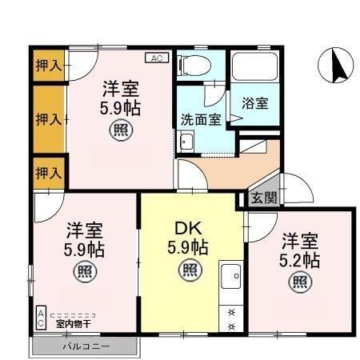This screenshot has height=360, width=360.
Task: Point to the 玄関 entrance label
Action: point(263,198)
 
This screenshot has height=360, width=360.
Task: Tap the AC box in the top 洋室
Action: point(156,58)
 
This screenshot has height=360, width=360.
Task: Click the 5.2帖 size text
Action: point(300,259)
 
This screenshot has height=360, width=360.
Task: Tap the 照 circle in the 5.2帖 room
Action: point(300,281)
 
